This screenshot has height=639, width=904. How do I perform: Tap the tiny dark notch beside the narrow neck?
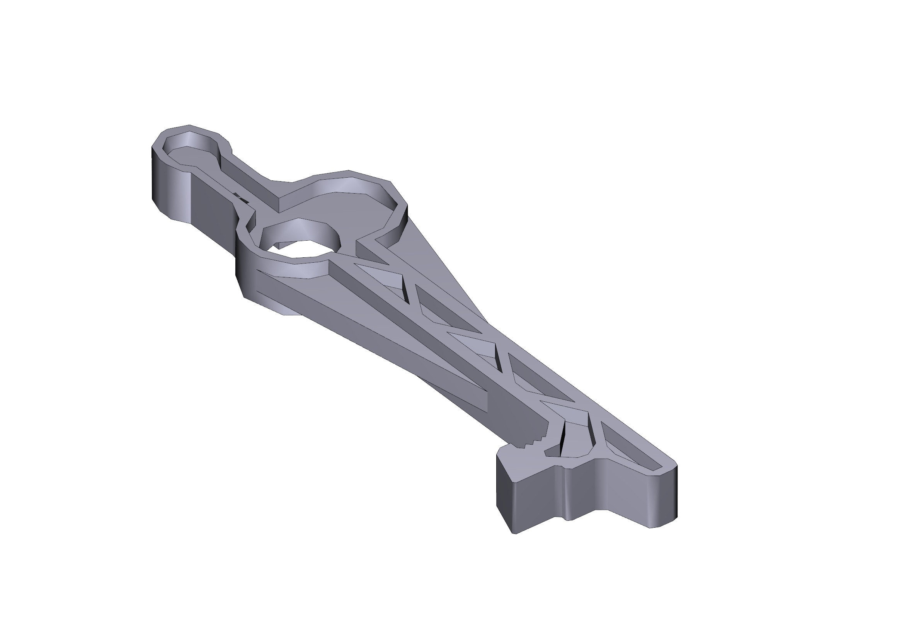pyautogui.click(x=240, y=197)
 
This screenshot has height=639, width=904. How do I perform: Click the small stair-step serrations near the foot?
pyautogui.click(x=535, y=441)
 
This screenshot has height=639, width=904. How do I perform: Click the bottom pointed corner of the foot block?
pyautogui.click(x=513, y=532)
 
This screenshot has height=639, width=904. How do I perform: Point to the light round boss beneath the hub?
pyautogui.click(x=288, y=311)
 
